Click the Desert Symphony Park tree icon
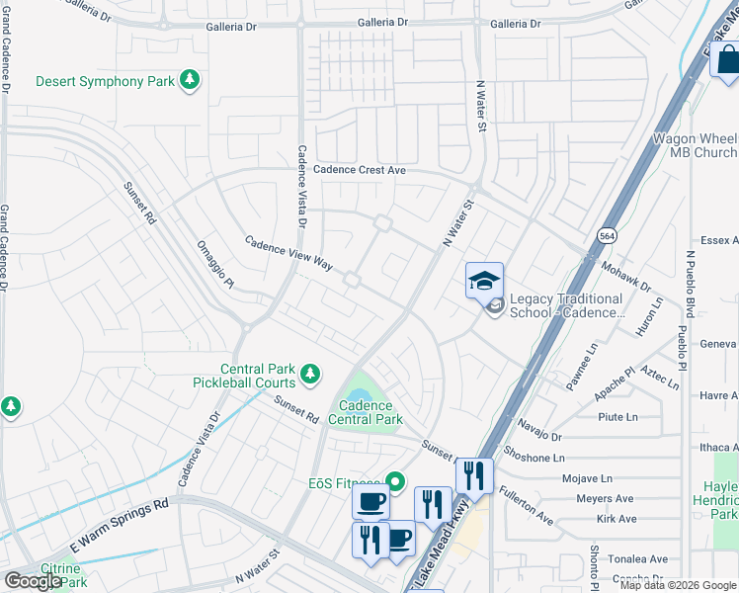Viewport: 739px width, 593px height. pyautogui.click(x=190, y=80)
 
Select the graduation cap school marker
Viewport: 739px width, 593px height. pyautogui.click(x=484, y=281)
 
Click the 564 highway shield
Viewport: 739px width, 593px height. pyautogui.click(x=607, y=235)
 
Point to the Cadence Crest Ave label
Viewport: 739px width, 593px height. pyautogui.click(x=360, y=170)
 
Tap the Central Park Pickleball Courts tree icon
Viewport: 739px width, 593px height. pyautogui.click(x=310, y=374)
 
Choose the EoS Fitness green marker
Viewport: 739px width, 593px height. pyautogui.click(x=396, y=482)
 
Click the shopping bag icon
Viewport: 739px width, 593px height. pyautogui.click(x=725, y=59)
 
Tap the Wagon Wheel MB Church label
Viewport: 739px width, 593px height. pyautogui.click(x=695, y=145)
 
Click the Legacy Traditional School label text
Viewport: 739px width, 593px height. pyautogui.click(x=567, y=305)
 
